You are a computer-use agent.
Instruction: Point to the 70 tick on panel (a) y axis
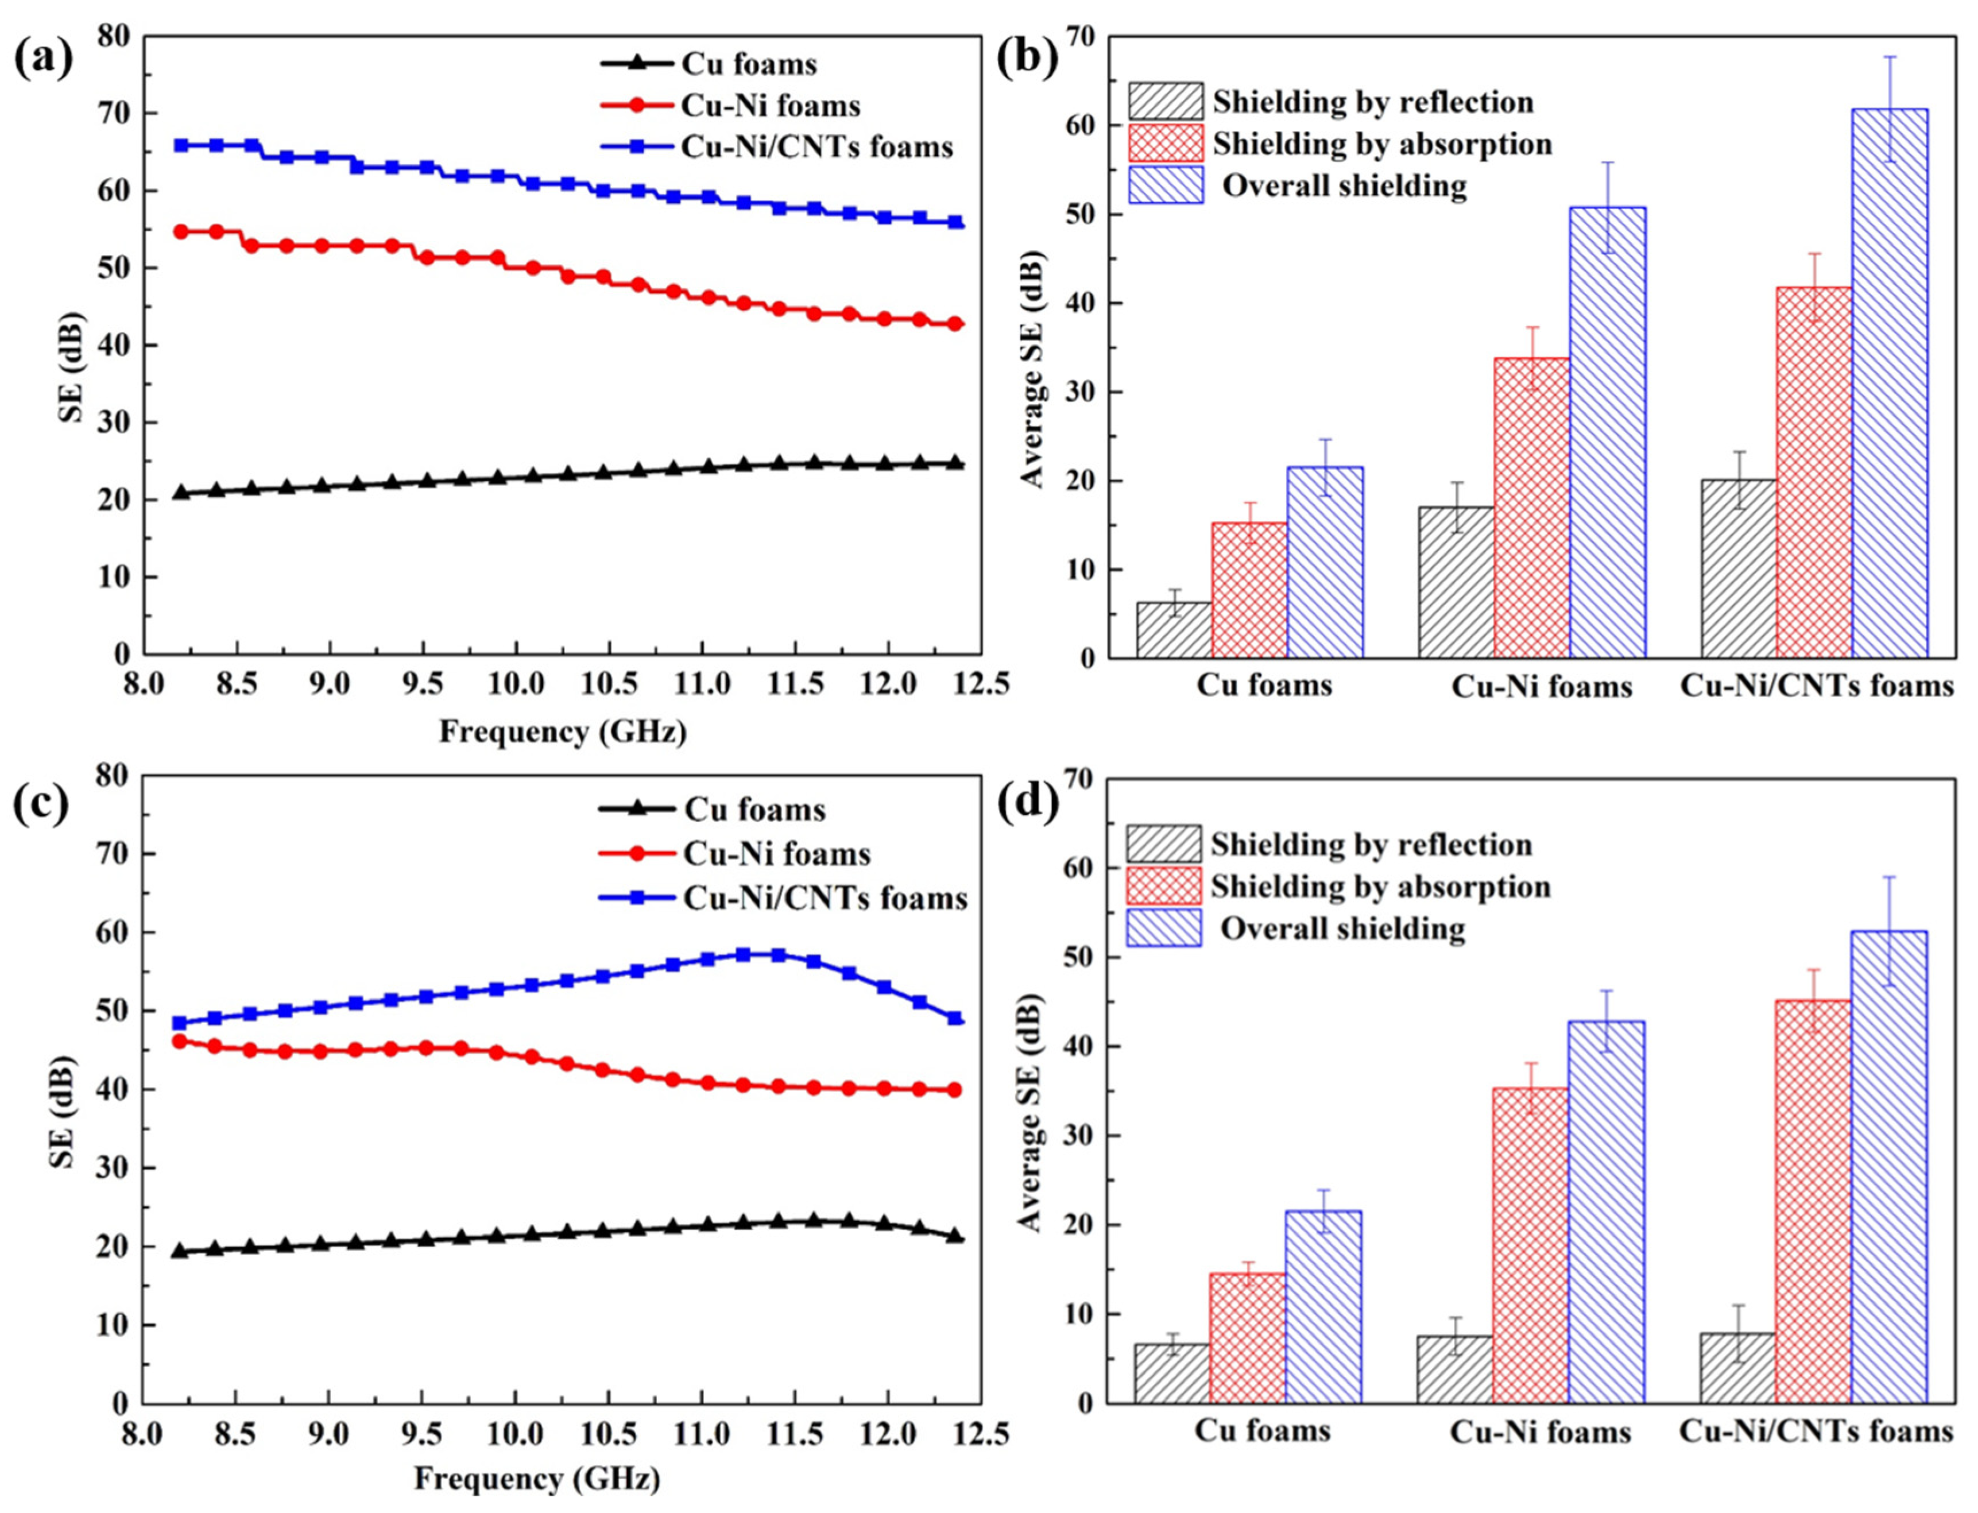click(x=117, y=114)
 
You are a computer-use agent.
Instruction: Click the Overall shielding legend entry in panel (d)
click(x=1341, y=928)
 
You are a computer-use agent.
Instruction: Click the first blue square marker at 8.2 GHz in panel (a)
click(x=181, y=145)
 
